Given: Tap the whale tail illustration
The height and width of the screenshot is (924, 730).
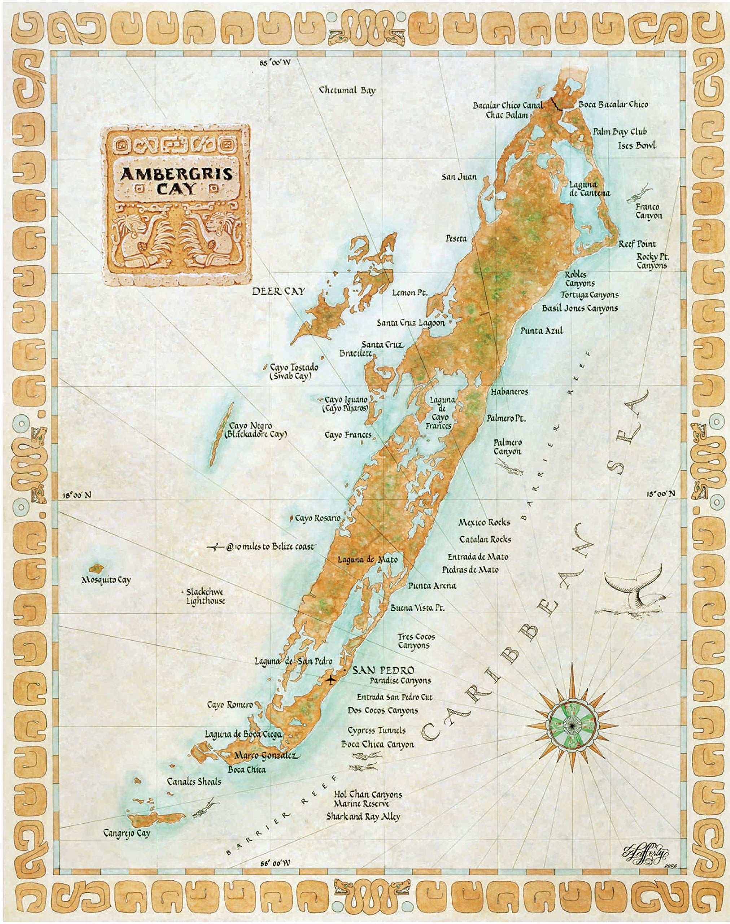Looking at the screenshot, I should (x=635, y=587).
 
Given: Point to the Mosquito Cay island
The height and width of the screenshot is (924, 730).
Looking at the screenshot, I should (x=96, y=569).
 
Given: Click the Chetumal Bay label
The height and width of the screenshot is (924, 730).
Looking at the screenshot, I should (x=347, y=90).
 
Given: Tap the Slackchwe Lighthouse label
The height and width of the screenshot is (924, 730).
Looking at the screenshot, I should (x=205, y=596).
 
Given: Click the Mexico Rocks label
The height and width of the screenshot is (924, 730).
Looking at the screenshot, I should (x=484, y=522).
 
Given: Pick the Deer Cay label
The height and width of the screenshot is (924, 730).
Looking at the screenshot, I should (x=278, y=292).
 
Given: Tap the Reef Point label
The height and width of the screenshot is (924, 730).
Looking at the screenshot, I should (x=637, y=244).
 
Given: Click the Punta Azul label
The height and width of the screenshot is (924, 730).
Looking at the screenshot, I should (x=542, y=330).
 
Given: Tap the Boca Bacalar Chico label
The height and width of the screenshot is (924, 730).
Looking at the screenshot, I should (x=613, y=104).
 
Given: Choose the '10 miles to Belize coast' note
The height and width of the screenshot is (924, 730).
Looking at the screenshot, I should (x=270, y=546).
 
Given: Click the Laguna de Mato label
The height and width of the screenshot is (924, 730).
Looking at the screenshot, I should (x=367, y=559).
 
